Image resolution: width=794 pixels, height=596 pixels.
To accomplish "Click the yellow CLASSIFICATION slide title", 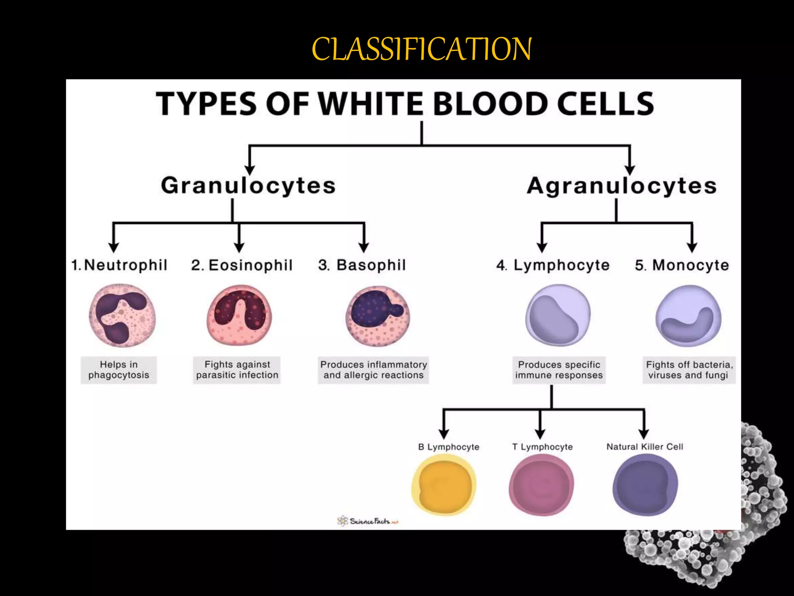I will point(421,49).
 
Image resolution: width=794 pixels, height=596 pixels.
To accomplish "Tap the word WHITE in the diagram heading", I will point(370,104).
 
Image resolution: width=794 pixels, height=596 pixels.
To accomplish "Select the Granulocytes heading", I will point(248,185).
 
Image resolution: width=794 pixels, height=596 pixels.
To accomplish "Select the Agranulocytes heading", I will point(621,185).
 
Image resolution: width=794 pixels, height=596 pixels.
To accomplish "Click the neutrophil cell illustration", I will point(122,315).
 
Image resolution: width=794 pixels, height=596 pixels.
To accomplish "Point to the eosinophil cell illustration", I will point(239,315).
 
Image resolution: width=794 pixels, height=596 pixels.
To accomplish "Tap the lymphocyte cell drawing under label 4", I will point(558,315).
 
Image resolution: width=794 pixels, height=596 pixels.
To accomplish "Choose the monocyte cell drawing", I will point(688,315).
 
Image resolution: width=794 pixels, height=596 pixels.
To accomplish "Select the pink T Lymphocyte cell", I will point(541,485).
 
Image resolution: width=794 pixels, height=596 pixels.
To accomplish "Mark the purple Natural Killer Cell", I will point(645,485).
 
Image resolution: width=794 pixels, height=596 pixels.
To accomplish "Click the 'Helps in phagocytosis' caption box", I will point(119,370).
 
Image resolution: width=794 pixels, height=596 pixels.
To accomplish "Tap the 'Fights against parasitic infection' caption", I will point(237,370).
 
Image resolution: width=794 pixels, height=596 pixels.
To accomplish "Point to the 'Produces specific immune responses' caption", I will point(559,370).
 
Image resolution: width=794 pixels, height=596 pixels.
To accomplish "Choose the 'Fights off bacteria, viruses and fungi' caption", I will point(689,370).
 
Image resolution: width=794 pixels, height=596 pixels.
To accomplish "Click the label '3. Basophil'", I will point(362,265).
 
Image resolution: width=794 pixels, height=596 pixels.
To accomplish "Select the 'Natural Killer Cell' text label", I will point(645,447).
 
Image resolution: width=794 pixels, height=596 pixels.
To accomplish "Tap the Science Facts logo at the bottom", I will point(368,521).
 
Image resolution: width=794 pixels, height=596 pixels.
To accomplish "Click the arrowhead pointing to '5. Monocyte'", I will point(692,248).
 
